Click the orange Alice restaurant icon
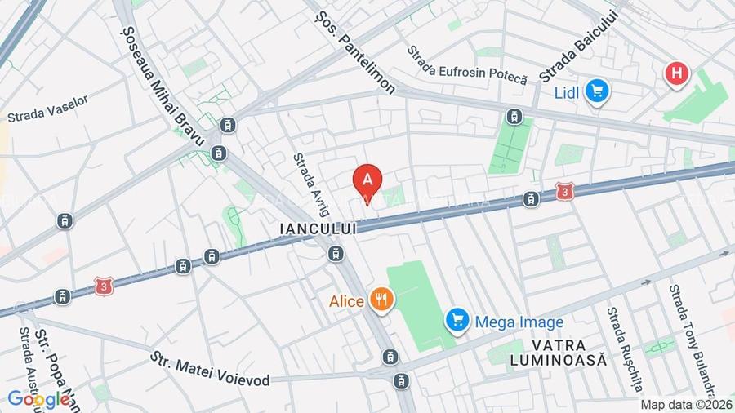pos(381,300)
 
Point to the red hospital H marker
pos(676,74)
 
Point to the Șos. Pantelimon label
pos(354,51)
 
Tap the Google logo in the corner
pos(38,399)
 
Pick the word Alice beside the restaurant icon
pos(346,301)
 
